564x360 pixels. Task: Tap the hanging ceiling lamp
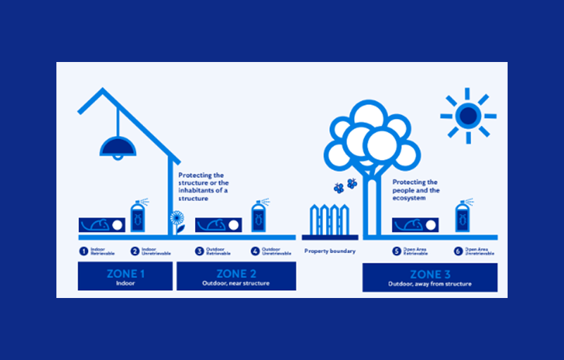coord(117,147)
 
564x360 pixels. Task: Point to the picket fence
coord(331,220)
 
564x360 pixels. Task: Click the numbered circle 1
coord(82,251)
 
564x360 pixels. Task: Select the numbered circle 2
coord(134,251)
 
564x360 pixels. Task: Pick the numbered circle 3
coord(199,251)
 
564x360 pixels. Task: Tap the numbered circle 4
coord(256,251)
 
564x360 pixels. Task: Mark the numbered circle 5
coord(397,251)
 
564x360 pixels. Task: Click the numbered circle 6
coord(458,251)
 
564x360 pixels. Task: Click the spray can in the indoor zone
coord(138,216)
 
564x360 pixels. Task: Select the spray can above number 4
coord(258,216)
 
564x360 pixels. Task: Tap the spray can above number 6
coord(463,216)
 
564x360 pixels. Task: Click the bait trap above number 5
coord(415,225)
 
